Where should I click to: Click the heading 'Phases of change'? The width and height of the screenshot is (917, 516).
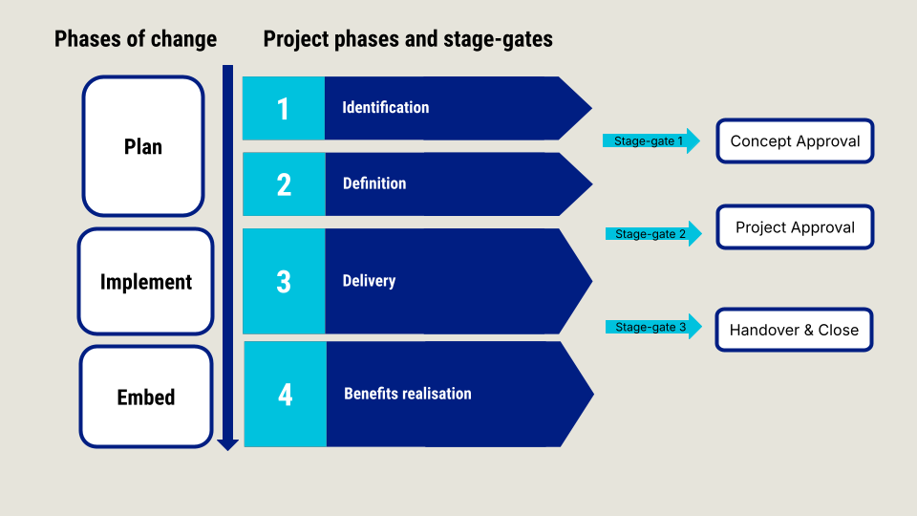click(x=136, y=39)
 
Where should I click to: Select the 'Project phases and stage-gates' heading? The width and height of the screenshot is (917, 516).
click(x=408, y=39)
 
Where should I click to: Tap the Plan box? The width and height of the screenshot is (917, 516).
click(x=143, y=146)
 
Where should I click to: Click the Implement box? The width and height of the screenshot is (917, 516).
click(x=145, y=281)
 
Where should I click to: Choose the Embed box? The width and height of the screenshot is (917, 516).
click(x=145, y=397)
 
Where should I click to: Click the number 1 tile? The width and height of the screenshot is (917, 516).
click(x=284, y=108)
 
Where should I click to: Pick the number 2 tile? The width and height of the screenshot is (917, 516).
click(x=285, y=184)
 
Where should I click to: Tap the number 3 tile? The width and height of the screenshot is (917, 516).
click(x=285, y=281)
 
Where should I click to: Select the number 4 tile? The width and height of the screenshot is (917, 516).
click(x=286, y=395)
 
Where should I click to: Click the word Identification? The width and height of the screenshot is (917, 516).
click(x=385, y=107)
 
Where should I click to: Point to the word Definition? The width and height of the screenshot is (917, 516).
click(x=374, y=183)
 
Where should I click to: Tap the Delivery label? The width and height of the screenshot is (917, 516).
click(x=369, y=280)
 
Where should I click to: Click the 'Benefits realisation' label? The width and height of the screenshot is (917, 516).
click(x=408, y=393)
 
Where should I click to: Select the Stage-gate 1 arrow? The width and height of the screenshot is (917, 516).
click(x=650, y=141)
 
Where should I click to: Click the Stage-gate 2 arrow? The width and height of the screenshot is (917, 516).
click(x=653, y=234)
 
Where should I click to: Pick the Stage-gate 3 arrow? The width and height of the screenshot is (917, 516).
click(x=653, y=327)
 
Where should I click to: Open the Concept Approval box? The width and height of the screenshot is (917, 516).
click(x=795, y=141)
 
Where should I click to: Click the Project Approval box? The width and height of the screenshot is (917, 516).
click(x=795, y=227)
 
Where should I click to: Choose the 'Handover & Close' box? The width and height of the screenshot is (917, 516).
click(x=794, y=330)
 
